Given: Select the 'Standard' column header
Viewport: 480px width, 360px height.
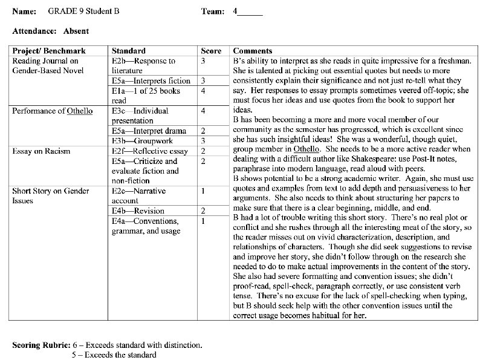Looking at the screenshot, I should tap(128, 51).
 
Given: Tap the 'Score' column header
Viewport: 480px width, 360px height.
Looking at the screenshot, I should tap(211, 51).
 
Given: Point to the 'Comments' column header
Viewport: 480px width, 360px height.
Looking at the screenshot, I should tap(253, 51).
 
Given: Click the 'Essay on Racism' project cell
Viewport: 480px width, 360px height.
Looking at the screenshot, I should tap(41, 151).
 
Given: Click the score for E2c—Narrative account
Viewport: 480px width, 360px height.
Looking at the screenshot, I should tap(204, 191).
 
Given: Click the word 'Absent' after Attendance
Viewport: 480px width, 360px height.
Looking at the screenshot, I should tap(77, 31).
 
